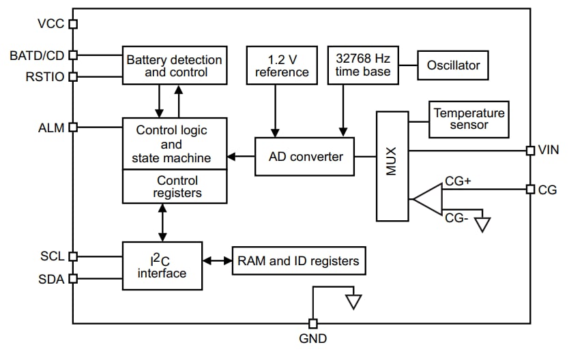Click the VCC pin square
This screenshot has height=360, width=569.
[x=73, y=25]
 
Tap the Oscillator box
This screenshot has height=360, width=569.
[x=453, y=66]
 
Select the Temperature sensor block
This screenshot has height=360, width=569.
[x=469, y=119]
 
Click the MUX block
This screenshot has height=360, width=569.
[x=392, y=166]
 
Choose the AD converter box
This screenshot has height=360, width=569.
[x=305, y=157]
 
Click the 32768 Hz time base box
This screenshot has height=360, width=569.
[x=363, y=65]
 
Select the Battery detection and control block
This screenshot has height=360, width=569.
[x=174, y=65]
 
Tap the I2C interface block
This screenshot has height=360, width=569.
[x=162, y=265]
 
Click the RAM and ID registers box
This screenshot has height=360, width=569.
[x=297, y=261]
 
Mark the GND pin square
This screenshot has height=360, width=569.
[x=313, y=323]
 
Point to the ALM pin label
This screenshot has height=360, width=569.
[x=53, y=127]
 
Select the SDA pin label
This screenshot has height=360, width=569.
[x=52, y=278]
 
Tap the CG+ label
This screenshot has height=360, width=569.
[x=458, y=181]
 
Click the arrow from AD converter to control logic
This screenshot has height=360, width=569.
[x=240, y=157]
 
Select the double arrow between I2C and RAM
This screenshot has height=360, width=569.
[x=217, y=261]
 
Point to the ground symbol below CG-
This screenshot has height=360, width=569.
[x=482, y=224]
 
